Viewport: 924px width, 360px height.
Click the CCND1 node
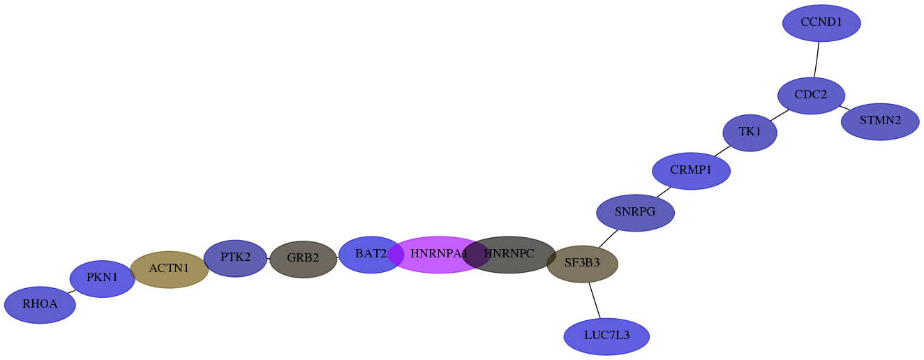821,23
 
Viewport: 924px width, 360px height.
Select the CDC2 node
811,96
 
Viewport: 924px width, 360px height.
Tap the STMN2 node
880,121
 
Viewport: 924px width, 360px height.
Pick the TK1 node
750,133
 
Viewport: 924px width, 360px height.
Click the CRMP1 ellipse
691,171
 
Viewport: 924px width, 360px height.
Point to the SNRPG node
635,213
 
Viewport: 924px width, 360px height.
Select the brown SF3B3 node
582,264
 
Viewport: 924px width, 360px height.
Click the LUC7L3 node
606,336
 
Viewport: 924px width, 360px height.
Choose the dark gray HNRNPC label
509,255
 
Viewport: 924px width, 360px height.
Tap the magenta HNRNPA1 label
439,255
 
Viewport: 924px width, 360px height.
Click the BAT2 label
371,255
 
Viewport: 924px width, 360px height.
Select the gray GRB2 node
303,260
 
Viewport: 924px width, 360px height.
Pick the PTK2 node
235,259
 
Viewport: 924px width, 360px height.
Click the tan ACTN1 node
169,270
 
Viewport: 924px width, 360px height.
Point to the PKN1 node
103,279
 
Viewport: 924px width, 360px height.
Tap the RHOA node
40,305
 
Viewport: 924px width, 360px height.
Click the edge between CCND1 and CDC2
817,59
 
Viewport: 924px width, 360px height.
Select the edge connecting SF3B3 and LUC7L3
595,300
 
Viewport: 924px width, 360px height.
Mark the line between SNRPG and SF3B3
608,239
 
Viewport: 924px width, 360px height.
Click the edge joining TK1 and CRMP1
722,151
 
